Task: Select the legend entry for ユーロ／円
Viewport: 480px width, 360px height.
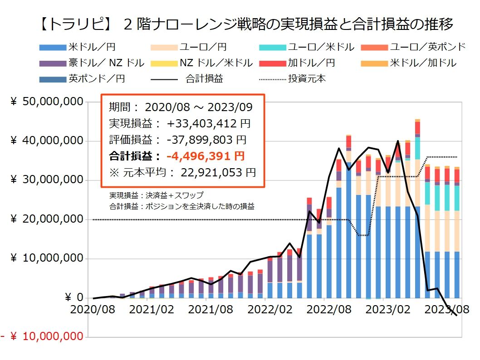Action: (196, 47)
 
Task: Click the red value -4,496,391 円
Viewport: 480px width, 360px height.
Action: (206, 156)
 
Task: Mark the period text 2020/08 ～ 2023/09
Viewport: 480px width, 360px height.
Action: (199, 107)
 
